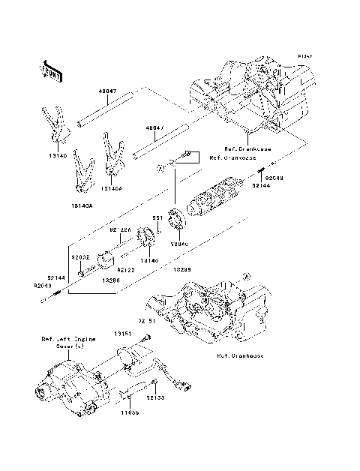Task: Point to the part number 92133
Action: (x=155, y=398)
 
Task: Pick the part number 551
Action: (x=158, y=218)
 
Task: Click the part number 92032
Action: (x=80, y=256)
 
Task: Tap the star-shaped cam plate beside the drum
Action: (x=177, y=222)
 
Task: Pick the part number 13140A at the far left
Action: (x=82, y=203)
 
